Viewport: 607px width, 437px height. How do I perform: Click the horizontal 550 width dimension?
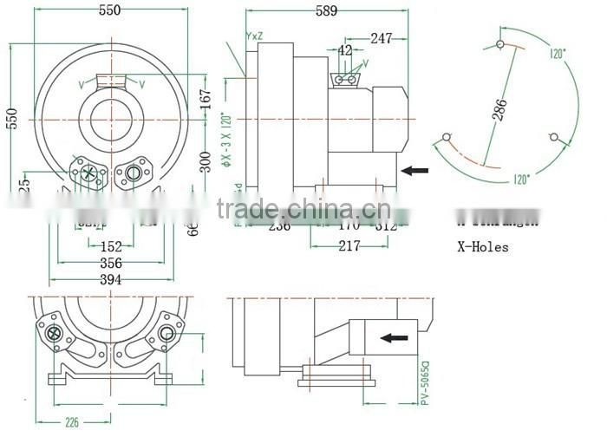(109, 10)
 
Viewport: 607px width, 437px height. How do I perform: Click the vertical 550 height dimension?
(11, 117)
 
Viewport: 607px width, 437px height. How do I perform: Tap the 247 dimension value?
(381, 38)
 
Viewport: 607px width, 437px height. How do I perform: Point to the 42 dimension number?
(346, 51)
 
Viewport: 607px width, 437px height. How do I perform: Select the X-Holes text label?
(482, 247)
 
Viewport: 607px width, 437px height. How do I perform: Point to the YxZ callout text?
(255, 36)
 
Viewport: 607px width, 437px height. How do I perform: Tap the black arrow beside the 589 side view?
(415, 171)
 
